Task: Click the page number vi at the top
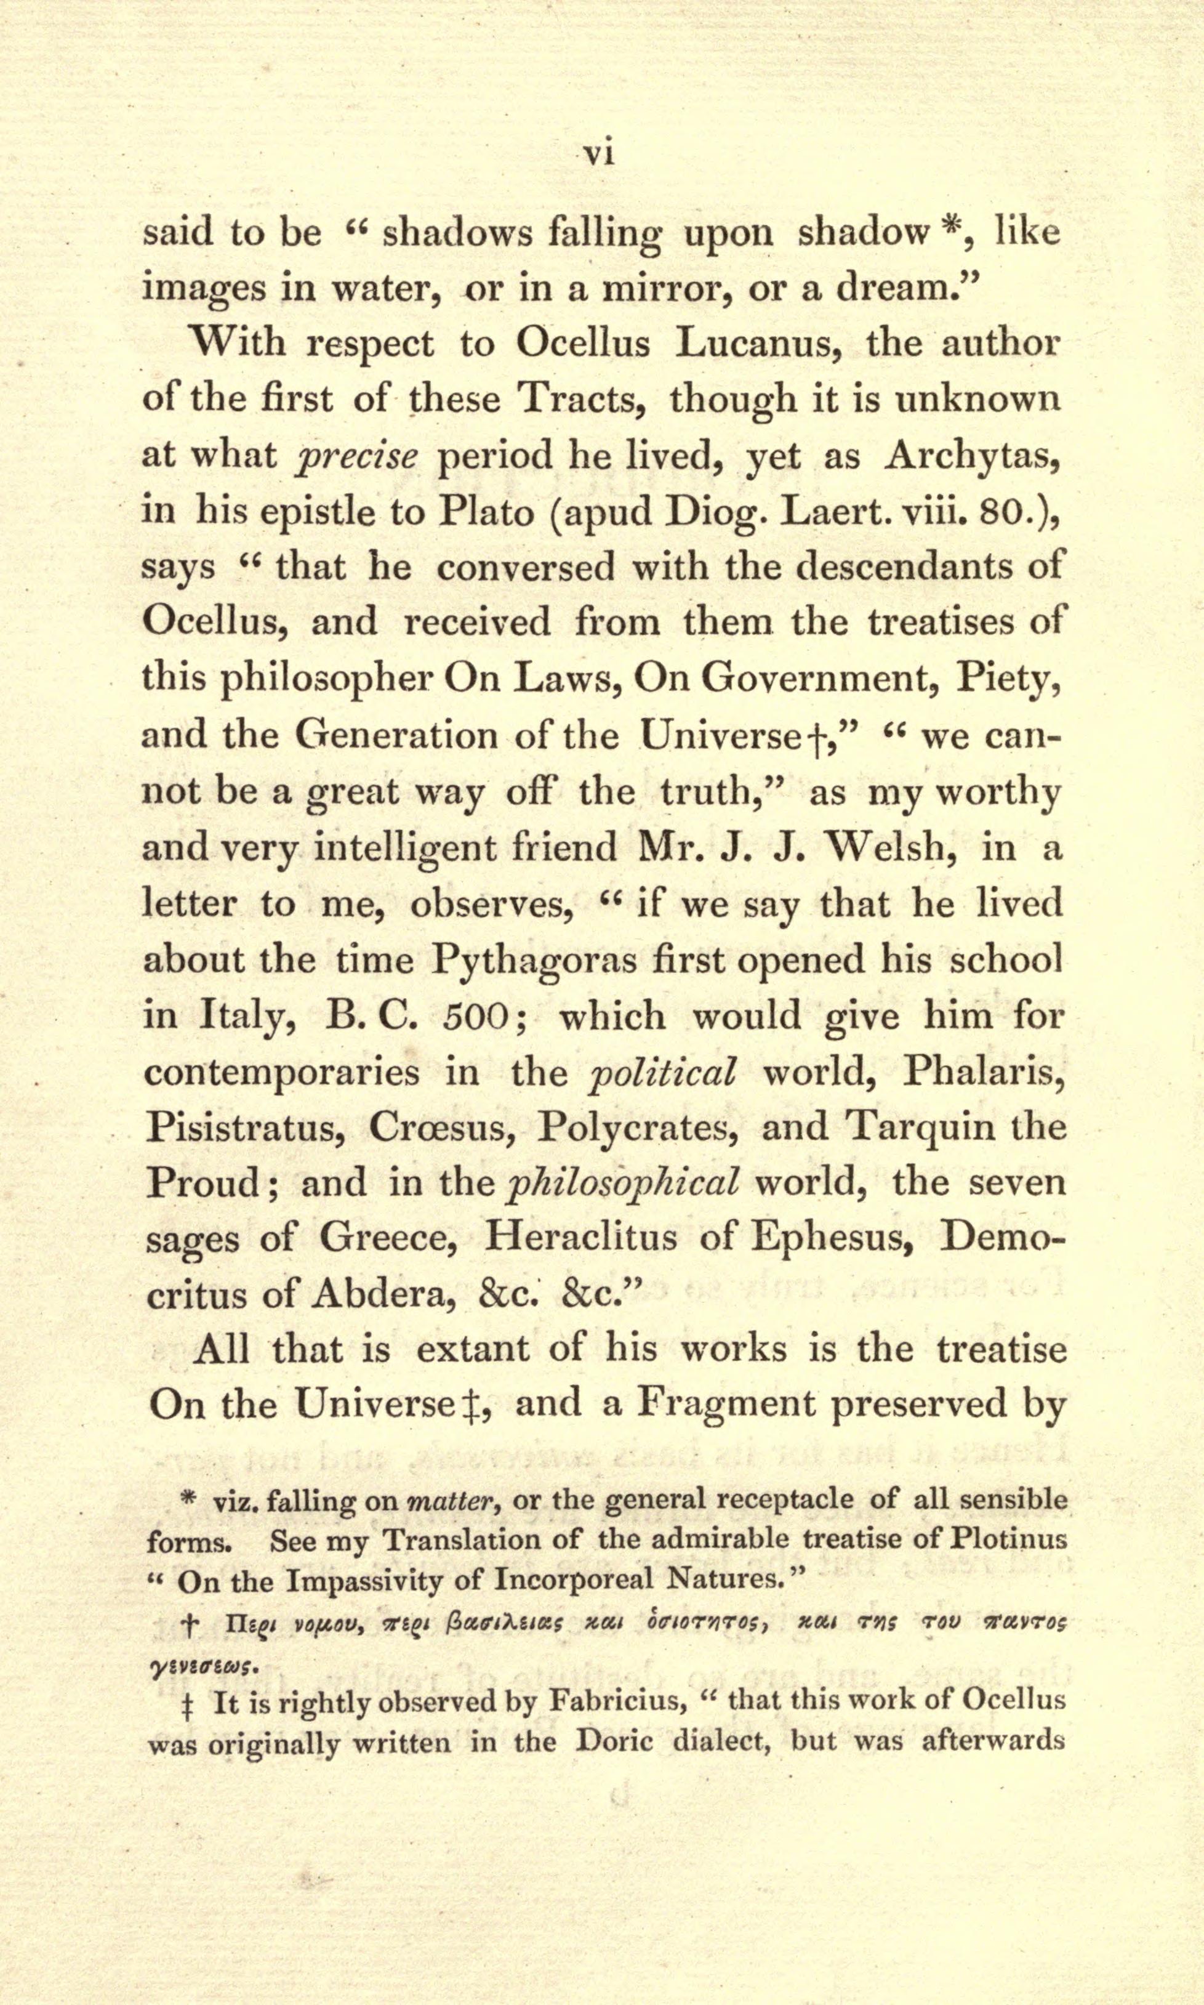pyautogui.click(x=600, y=153)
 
